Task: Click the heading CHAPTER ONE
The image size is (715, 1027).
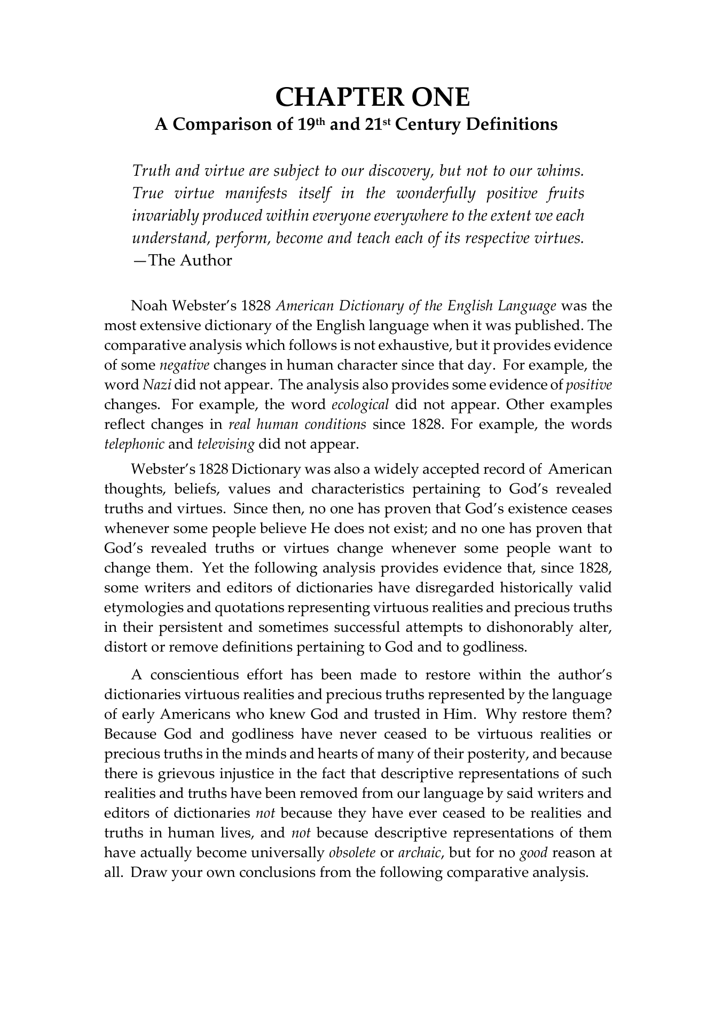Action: coord(372,98)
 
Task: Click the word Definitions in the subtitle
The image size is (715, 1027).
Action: coord(512,125)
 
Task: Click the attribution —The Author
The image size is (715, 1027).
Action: coord(182,261)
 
